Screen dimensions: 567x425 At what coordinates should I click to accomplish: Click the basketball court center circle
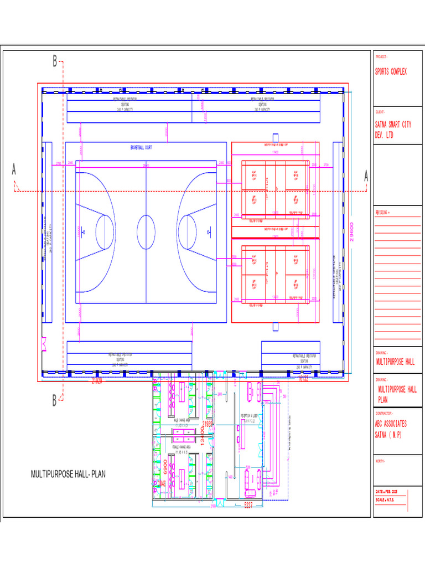point(146,231)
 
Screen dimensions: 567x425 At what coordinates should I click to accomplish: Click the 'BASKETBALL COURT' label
point(141,148)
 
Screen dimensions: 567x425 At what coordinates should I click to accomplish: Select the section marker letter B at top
point(55,62)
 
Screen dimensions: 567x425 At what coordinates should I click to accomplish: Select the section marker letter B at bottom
point(55,400)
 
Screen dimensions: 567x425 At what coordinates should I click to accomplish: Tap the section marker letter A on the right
point(366,176)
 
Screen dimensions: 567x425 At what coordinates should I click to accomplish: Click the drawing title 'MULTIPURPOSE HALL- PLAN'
point(68,475)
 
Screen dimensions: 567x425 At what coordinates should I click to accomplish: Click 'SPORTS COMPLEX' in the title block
point(391,72)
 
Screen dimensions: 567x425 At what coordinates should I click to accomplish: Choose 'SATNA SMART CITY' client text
point(393,125)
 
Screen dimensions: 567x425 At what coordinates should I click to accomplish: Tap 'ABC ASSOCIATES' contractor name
point(391,424)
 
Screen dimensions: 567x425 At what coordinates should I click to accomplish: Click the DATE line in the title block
point(390,492)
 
